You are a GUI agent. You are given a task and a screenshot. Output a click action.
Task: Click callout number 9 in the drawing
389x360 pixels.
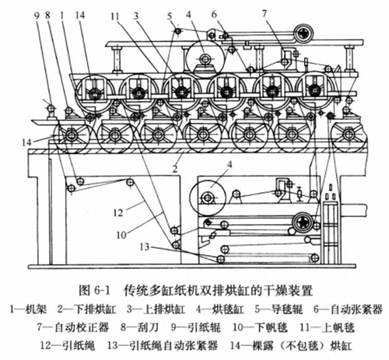37,14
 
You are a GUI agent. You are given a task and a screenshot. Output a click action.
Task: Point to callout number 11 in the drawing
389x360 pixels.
114,14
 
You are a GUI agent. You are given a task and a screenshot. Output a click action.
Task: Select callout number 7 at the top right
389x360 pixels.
287,12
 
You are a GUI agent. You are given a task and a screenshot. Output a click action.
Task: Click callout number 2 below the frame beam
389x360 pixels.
179,166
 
